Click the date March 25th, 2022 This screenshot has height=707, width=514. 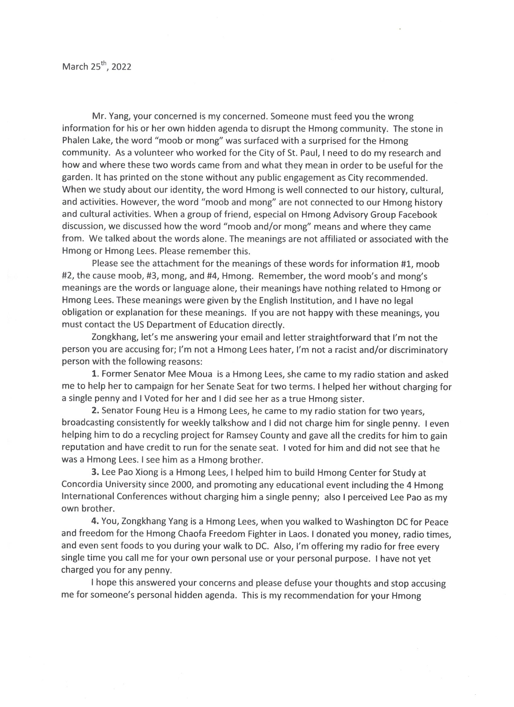coord(97,67)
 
